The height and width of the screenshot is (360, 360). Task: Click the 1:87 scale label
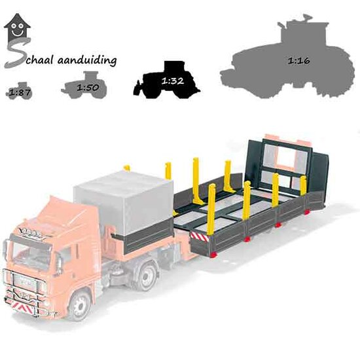click(x=20, y=92)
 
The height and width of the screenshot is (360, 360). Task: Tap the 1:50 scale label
click(x=88, y=87)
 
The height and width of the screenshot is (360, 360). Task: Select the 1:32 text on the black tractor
click(x=173, y=81)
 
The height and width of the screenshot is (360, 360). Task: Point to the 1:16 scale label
click(x=299, y=61)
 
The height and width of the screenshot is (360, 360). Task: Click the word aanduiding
click(x=87, y=60)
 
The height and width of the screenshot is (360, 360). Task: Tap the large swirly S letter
click(x=16, y=53)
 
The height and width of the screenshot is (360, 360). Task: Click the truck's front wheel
click(x=79, y=306)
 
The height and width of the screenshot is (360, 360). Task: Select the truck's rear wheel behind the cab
click(x=147, y=277)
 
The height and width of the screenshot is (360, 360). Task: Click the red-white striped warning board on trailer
click(x=199, y=236)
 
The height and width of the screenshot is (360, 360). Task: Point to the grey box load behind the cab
click(x=124, y=202)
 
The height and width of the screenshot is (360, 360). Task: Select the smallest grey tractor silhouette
click(x=19, y=91)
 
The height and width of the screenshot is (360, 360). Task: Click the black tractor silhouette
click(x=167, y=80)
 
